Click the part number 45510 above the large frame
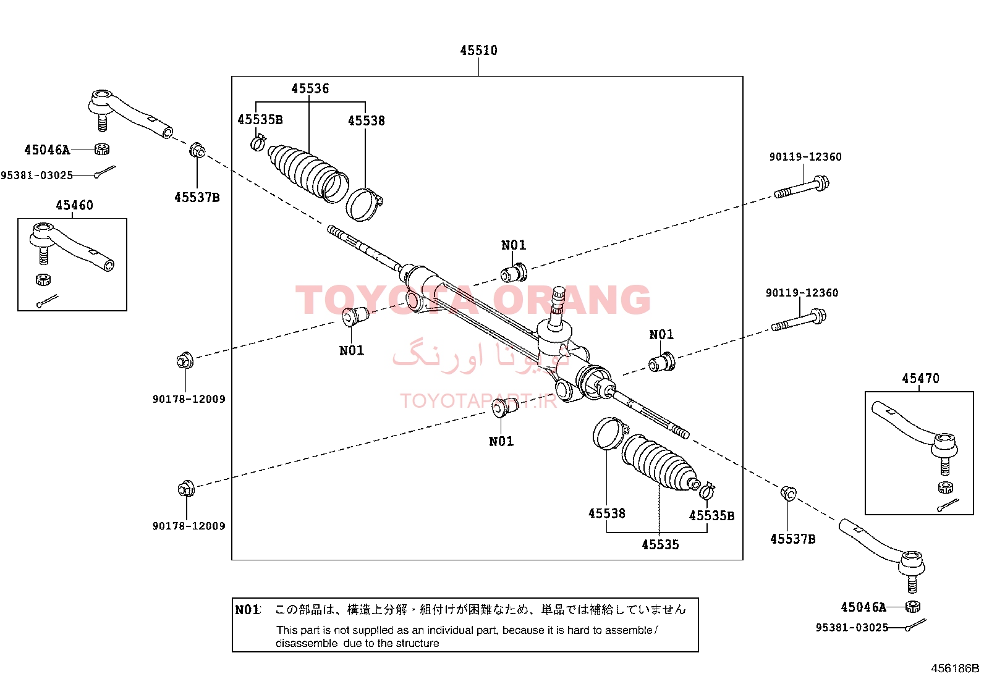point(478,51)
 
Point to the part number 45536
point(310,89)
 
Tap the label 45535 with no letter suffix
point(660,545)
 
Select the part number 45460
point(74,205)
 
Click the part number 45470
point(920,379)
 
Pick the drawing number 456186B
point(955,668)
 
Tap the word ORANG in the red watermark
point(571,300)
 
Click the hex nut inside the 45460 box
point(43,279)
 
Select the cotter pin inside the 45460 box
point(47,302)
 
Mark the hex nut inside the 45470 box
point(945,487)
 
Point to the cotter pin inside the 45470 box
point(948,505)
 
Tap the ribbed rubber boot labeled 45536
point(308,172)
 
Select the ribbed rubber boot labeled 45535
point(660,462)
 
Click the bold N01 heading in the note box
point(247,610)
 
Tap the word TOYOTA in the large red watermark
point(386,300)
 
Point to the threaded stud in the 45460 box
point(43,255)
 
